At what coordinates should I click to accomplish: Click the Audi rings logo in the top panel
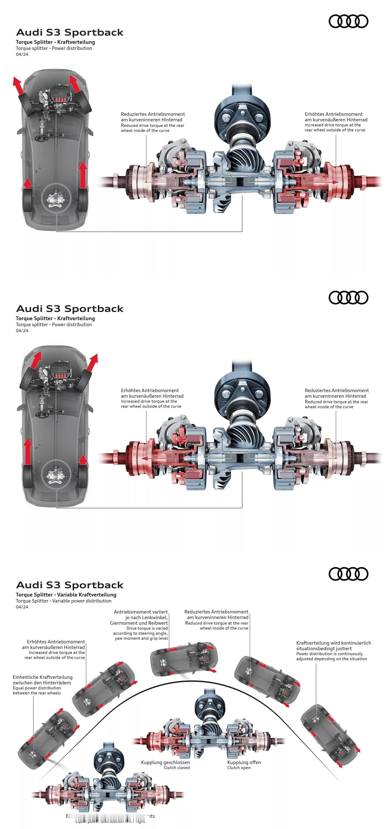click(x=348, y=21)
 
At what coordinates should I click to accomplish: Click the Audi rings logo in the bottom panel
click(x=348, y=574)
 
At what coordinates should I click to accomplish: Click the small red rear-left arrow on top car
click(x=28, y=183)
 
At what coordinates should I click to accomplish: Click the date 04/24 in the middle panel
click(x=22, y=330)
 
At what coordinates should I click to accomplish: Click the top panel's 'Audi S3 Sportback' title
click(x=70, y=33)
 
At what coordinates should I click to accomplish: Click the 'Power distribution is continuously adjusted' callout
click(x=331, y=656)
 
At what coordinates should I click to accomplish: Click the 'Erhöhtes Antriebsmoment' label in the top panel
click(x=333, y=114)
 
